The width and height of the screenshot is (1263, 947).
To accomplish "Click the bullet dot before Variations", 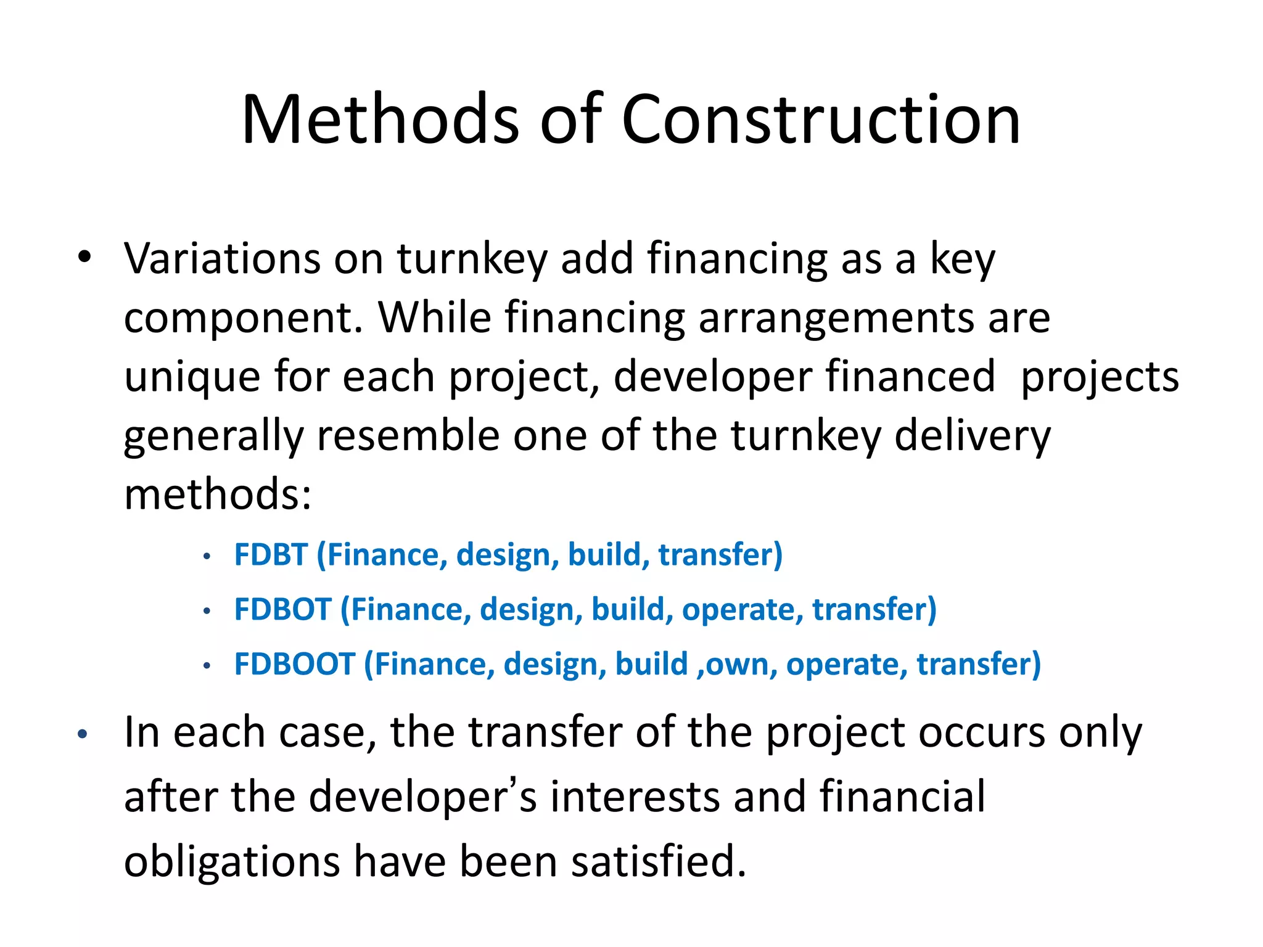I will (84, 256).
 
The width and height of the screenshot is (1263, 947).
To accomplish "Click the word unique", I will (192, 377).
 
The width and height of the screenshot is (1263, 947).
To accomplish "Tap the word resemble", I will (408, 435).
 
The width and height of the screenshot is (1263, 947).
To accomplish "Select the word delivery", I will (972, 436).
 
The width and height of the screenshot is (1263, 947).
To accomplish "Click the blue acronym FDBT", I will (271, 554).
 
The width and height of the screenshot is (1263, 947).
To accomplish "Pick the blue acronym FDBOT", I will (283, 609).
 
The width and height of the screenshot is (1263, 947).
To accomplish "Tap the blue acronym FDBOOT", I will (295, 664).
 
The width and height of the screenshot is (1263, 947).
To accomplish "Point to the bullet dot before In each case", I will (83, 734).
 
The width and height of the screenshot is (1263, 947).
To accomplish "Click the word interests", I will (635, 797).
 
